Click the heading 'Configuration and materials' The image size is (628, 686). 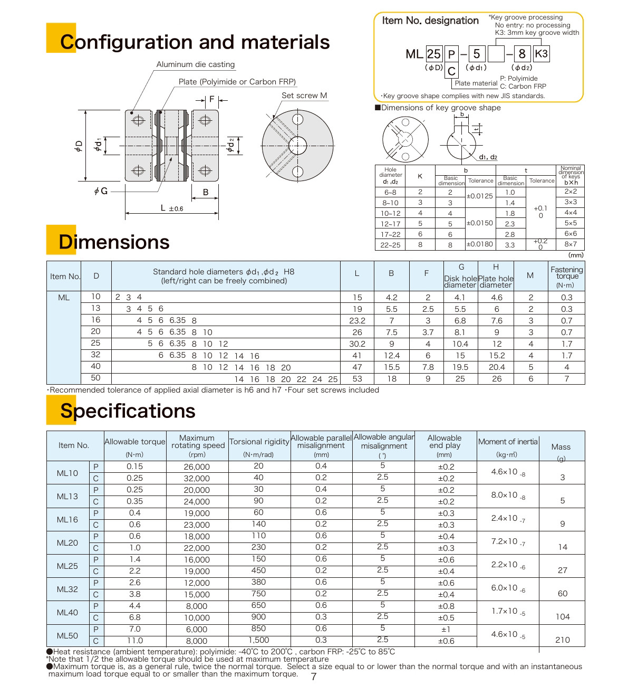point(195,42)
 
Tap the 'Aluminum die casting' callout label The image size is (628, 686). point(195,64)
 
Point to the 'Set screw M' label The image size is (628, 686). point(304,96)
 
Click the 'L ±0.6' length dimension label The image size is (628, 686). point(172,208)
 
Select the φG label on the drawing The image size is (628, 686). point(101,191)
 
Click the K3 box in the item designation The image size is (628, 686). point(541,54)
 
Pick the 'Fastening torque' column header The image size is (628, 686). point(566,276)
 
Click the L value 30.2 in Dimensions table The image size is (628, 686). point(357,344)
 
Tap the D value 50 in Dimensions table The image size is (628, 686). point(95,378)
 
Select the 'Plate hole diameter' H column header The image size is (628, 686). point(495,276)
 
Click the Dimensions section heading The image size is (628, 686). point(114,242)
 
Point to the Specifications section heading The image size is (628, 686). point(128,411)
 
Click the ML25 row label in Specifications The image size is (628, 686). point(67,566)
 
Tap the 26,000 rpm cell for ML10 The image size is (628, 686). point(197,467)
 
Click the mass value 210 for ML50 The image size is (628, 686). point(563,640)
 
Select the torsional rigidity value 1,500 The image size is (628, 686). point(259,640)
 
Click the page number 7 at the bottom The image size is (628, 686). point(314,677)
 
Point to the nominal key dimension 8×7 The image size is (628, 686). point(571,244)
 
